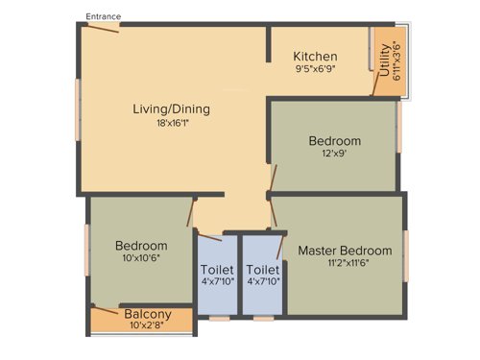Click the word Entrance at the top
coord(103,16)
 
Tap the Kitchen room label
coord(315,55)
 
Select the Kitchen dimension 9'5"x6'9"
coord(315,69)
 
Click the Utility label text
coord(385,60)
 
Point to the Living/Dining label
coord(171,108)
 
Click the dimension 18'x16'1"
coord(171,123)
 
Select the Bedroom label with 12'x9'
coord(334,141)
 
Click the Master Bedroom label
coord(345,251)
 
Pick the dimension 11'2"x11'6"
coord(345,265)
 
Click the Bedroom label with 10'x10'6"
coord(141,246)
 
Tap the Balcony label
coord(148,314)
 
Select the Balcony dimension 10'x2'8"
coord(148,326)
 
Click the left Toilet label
coord(216,270)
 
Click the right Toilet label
coord(262,270)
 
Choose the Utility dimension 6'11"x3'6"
coord(396,60)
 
